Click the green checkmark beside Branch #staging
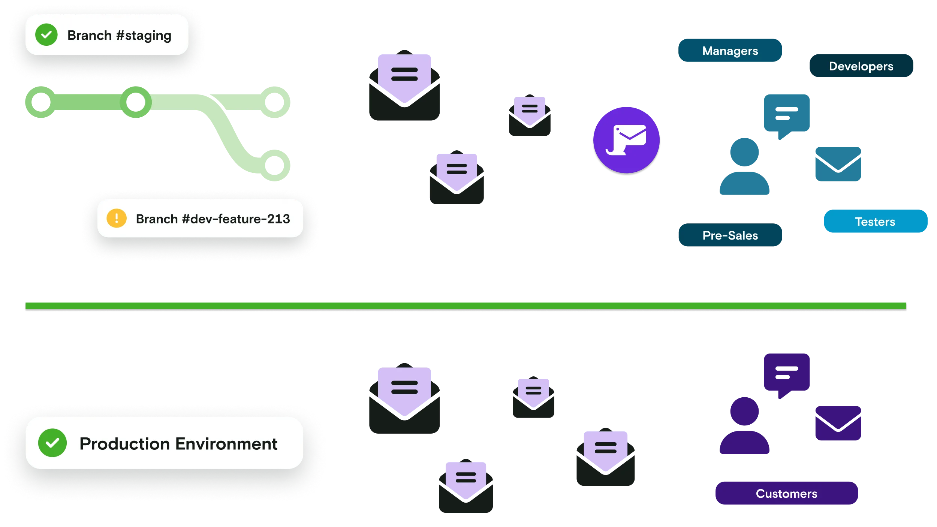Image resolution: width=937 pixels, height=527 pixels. point(46,35)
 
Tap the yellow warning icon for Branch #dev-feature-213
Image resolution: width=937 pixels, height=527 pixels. point(117,218)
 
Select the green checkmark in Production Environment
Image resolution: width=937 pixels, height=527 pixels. point(52,443)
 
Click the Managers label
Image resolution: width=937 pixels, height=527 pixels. point(730,51)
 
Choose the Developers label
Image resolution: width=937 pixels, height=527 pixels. point(861,66)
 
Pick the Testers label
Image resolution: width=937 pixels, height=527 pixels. point(875,222)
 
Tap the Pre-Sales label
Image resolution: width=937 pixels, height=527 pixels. point(730,235)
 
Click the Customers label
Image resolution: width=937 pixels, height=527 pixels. point(786,494)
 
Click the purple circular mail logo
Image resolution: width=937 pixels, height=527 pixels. point(626,140)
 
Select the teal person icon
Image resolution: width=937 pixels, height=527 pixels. point(744,167)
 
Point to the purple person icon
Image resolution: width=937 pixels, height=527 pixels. point(744,427)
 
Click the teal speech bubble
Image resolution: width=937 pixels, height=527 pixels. point(786,114)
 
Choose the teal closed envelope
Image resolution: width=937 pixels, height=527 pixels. point(838,165)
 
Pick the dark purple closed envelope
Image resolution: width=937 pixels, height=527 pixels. point(838,423)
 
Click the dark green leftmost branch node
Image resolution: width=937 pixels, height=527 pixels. point(40,102)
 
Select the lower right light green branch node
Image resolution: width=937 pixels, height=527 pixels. point(275,165)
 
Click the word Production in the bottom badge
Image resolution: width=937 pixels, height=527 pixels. point(125,444)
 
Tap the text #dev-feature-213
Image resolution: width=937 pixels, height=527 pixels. point(236,219)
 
